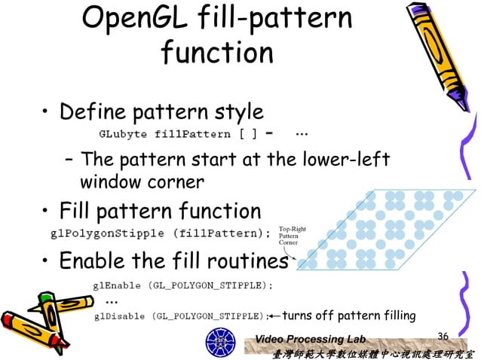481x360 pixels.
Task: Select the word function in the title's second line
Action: coord(217,52)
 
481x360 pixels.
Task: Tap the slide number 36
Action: coord(443,335)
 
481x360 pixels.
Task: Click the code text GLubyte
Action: coord(124,134)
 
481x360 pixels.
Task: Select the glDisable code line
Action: coord(181,316)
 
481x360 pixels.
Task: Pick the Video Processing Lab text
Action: coord(310,339)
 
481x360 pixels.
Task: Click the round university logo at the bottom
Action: coord(221,343)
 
